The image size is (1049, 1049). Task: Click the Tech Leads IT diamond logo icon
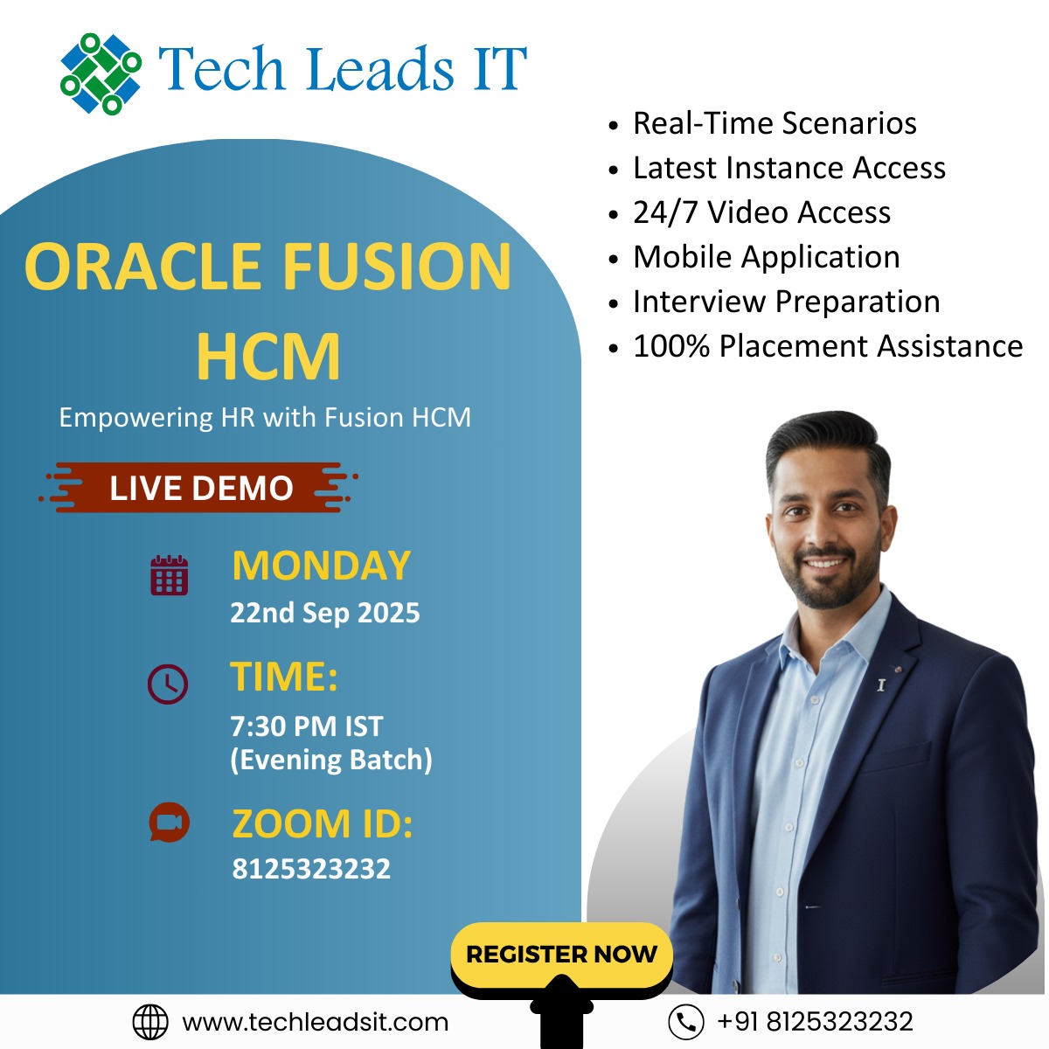pyautogui.click(x=101, y=74)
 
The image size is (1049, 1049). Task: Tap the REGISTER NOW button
pyautogui.click(x=561, y=955)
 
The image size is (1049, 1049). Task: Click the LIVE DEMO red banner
pyautogui.click(x=199, y=487)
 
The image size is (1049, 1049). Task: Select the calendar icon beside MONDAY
pyautogui.click(x=170, y=575)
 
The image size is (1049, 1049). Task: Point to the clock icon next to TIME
pyautogui.click(x=168, y=684)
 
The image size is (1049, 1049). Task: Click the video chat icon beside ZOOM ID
pyautogui.click(x=170, y=822)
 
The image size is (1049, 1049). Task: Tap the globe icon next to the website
pyautogui.click(x=150, y=1022)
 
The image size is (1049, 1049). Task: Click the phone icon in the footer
pyautogui.click(x=686, y=1022)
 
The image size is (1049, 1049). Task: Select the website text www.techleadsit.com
pyautogui.click(x=316, y=1022)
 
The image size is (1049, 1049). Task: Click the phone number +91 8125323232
pyautogui.click(x=815, y=1021)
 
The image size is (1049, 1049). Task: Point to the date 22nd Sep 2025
pyautogui.click(x=325, y=613)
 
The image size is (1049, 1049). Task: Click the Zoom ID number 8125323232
pyautogui.click(x=311, y=868)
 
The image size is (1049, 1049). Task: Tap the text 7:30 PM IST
pyautogui.click(x=307, y=726)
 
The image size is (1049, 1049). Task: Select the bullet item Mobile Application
pyautogui.click(x=766, y=256)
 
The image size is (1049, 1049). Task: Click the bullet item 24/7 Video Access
pyautogui.click(x=761, y=212)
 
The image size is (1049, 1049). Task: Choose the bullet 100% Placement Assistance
pyautogui.click(x=828, y=345)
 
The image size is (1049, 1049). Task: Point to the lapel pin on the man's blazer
pyautogui.click(x=881, y=684)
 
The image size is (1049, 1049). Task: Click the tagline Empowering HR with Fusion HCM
pyautogui.click(x=265, y=418)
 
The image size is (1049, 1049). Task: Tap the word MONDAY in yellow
pyautogui.click(x=321, y=566)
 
